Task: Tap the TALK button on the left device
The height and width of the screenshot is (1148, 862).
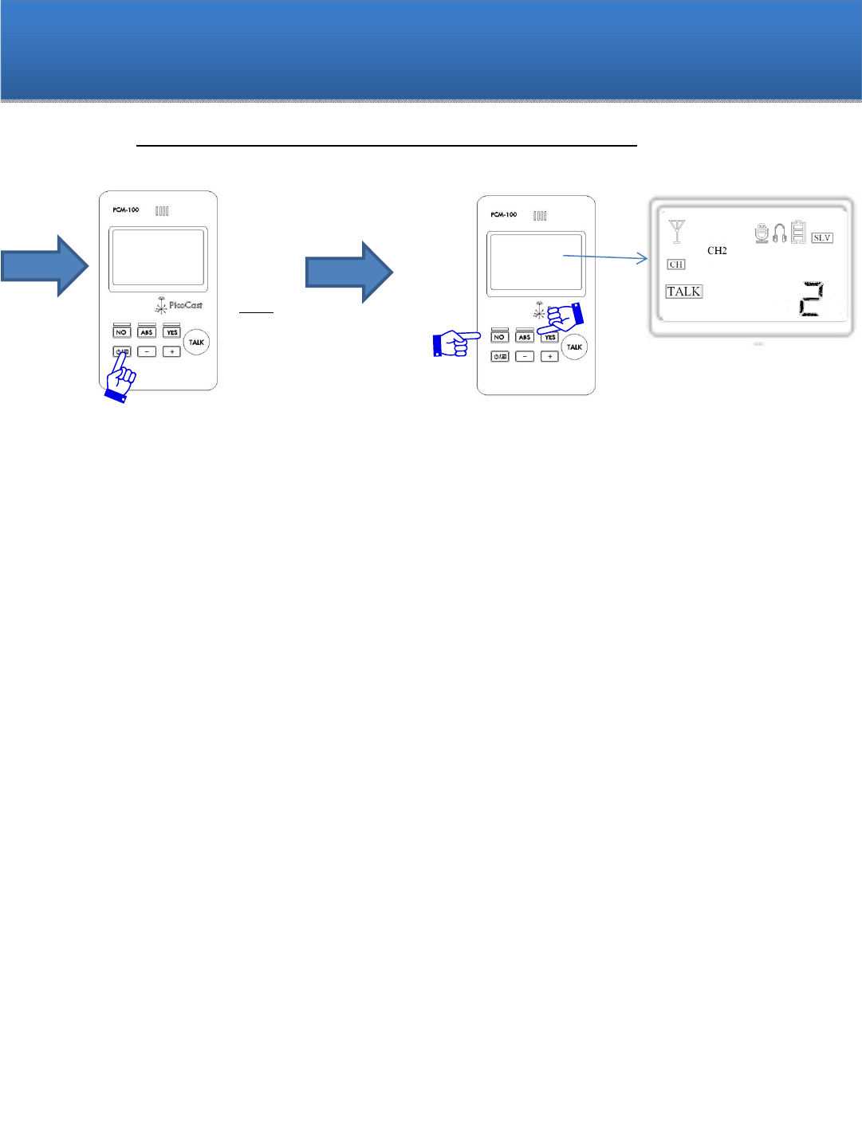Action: pyautogui.click(x=196, y=343)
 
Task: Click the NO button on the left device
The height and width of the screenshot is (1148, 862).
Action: pyautogui.click(x=121, y=332)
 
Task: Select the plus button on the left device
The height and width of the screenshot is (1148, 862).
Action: pyautogui.click(x=172, y=351)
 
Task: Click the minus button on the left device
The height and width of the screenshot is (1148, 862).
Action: pyautogui.click(x=147, y=351)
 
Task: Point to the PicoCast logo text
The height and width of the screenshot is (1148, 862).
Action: pyautogui.click(x=185, y=305)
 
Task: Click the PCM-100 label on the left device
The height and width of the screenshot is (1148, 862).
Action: pyautogui.click(x=126, y=210)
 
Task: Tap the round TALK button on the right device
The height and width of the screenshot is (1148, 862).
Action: pyautogui.click(x=574, y=347)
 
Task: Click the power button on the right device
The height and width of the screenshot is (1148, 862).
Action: pyautogui.click(x=500, y=356)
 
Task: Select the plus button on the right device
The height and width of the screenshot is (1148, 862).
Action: pyautogui.click(x=550, y=356)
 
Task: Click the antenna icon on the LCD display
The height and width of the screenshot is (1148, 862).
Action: pyautogui.click(x=677, y=232)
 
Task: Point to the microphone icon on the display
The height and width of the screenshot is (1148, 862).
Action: pyautogui.click(x=762, y=233)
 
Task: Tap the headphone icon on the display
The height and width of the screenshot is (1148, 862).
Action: pyautogui.click(x=779, y=233)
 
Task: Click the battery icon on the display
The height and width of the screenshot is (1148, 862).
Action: pyautogui.click(x=798, y=233)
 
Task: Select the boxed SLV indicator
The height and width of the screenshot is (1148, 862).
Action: pyautogui.click(x=822, y=237)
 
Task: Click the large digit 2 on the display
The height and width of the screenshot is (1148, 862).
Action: pyautogui.click(x=811, y=299)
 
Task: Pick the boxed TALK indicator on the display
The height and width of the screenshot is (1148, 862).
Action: pyautogui.click(x=684, y=292)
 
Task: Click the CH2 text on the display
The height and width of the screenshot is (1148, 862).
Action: pyautogui.click(x=717, y=250)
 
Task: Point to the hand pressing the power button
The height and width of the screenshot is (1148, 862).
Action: pyautogui.click(x=120, y=379)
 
